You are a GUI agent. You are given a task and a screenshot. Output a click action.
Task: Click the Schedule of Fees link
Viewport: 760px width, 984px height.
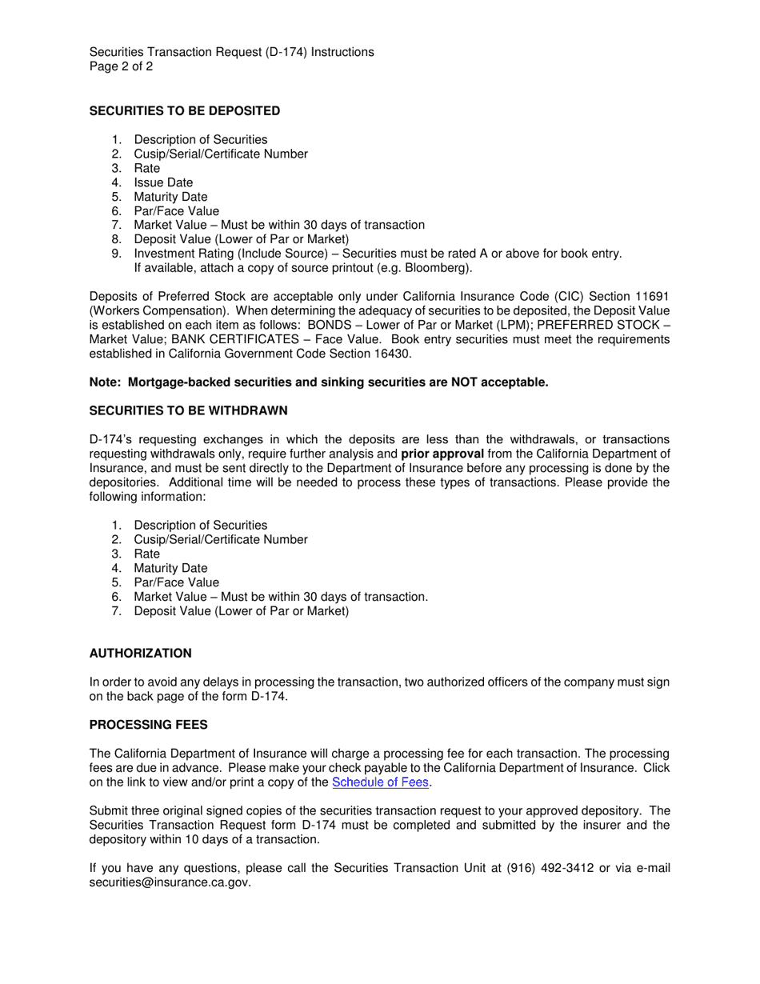[x=381, y=782]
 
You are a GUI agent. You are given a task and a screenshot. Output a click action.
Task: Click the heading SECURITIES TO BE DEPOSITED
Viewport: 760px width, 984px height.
[x=185, y=111]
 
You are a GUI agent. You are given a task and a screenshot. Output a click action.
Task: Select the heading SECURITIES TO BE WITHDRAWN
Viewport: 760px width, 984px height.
[x=188, y=411]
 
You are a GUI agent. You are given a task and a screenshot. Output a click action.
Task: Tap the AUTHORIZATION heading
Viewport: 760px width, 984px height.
[x=140, y=654]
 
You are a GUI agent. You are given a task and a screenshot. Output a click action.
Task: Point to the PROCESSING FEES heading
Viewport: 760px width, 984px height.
[x=148, y=725]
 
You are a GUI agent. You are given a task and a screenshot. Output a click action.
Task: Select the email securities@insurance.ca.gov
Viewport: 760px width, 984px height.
[x=170, y=882]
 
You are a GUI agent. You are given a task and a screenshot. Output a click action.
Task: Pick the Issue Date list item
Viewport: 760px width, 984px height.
[x=163, y=182]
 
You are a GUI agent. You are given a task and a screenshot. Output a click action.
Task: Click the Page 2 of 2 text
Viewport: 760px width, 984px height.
[x=121, y=66]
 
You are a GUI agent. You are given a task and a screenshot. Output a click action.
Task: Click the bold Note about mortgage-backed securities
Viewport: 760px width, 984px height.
[x=318, y=382]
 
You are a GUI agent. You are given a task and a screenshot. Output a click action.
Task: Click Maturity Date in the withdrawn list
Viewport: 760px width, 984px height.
[x=170, y=569]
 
